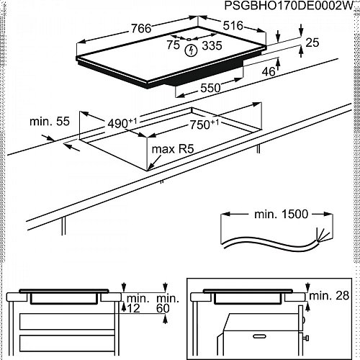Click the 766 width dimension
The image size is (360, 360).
click(141, 29)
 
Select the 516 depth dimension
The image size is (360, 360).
click(233, 25)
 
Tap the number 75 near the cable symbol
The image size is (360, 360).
click(173, 45)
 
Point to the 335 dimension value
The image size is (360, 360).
click(212, 45)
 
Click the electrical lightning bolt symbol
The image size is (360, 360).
click(191, 50)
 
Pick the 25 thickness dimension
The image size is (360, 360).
click(312, 42)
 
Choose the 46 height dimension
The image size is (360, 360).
click(269, 71)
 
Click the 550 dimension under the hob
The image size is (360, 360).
click(210, 88)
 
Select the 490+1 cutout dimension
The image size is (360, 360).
click(122, 123)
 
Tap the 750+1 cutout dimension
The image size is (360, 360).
click(204, 125)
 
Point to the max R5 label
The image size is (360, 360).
click(173, 149)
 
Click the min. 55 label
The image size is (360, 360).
click(50, 121)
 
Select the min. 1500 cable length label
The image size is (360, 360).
click(281, 214)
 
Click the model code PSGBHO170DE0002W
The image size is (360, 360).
click(289, 6)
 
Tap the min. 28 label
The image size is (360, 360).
click(329, 296)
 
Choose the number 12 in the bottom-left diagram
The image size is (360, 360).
click(133, 308)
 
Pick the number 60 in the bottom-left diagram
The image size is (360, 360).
click(163, 308)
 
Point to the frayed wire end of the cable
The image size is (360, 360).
click(322, 235)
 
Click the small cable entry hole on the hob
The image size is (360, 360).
click(189, 40)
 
